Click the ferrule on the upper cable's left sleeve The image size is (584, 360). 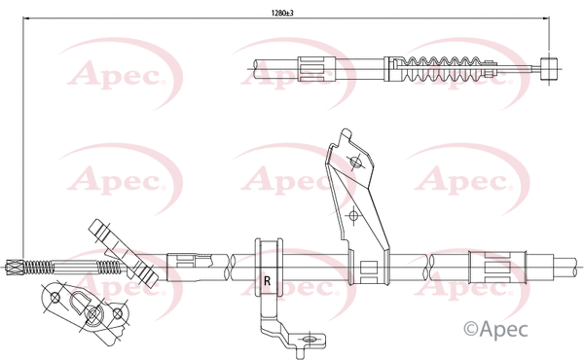point(315,68)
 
